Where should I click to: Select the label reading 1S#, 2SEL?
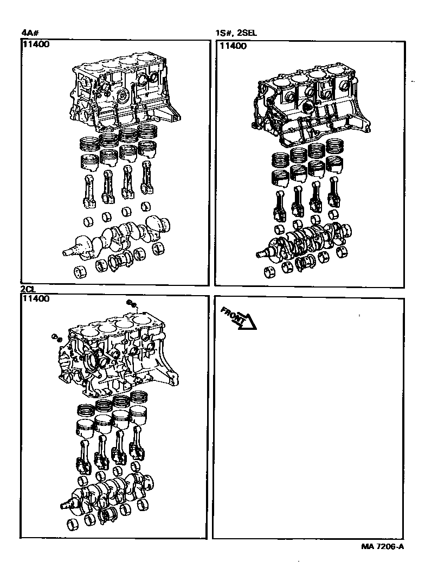point(236,33)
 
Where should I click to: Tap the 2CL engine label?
point(28,290)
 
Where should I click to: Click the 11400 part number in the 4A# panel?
point(36,44)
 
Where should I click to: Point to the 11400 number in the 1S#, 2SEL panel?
point(233,46)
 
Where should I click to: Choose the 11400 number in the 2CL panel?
point(35,299)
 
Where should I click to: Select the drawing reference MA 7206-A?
point(383,546)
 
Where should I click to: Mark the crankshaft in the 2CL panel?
point(107,493)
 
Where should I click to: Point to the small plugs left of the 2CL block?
point(57,337)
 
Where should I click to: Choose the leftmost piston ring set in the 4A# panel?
point(89,143)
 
